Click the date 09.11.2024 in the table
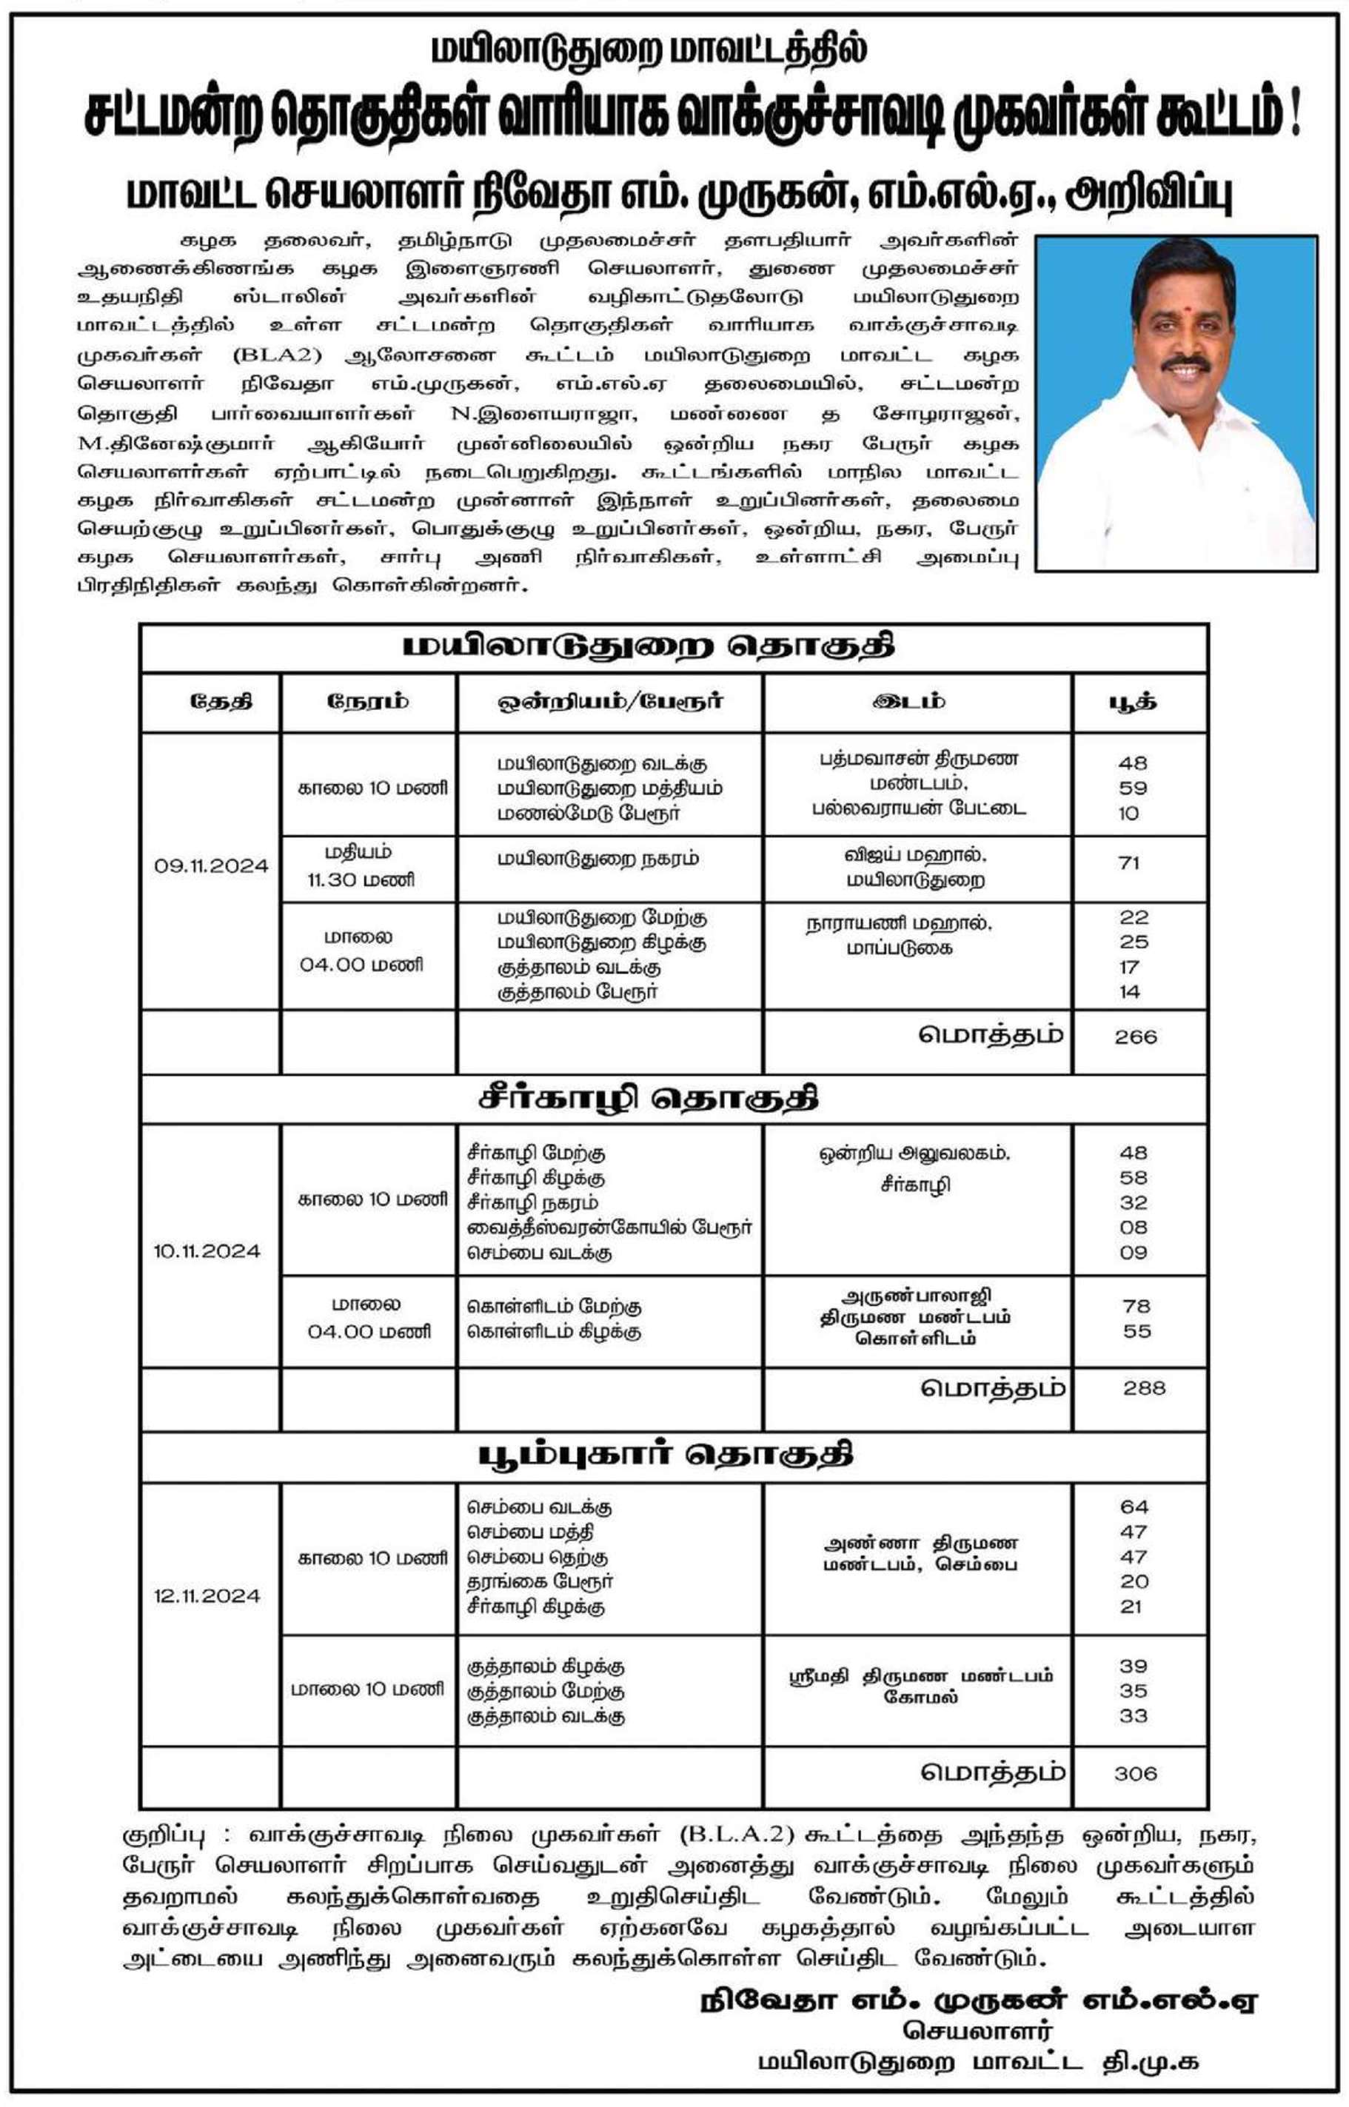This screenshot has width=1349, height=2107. tap(211, 866)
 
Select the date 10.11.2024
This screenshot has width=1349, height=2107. tap(207, 1250)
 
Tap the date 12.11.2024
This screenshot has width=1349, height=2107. tap(207, 1595)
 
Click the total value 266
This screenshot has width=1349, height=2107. tap(1135, 1037)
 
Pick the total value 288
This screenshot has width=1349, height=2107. tap(1144, 1388)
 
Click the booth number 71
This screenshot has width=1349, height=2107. tap(1129, 863)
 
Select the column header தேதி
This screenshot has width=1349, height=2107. tap(220, 701)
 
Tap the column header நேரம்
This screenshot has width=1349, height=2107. tap(368, 701)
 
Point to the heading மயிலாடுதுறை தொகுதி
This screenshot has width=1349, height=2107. tap(649, 647)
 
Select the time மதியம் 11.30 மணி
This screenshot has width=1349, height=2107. tap(360, 866)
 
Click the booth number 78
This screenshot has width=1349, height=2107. tap(1137, 1307)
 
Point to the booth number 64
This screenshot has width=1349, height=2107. tap(1134, 1507)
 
